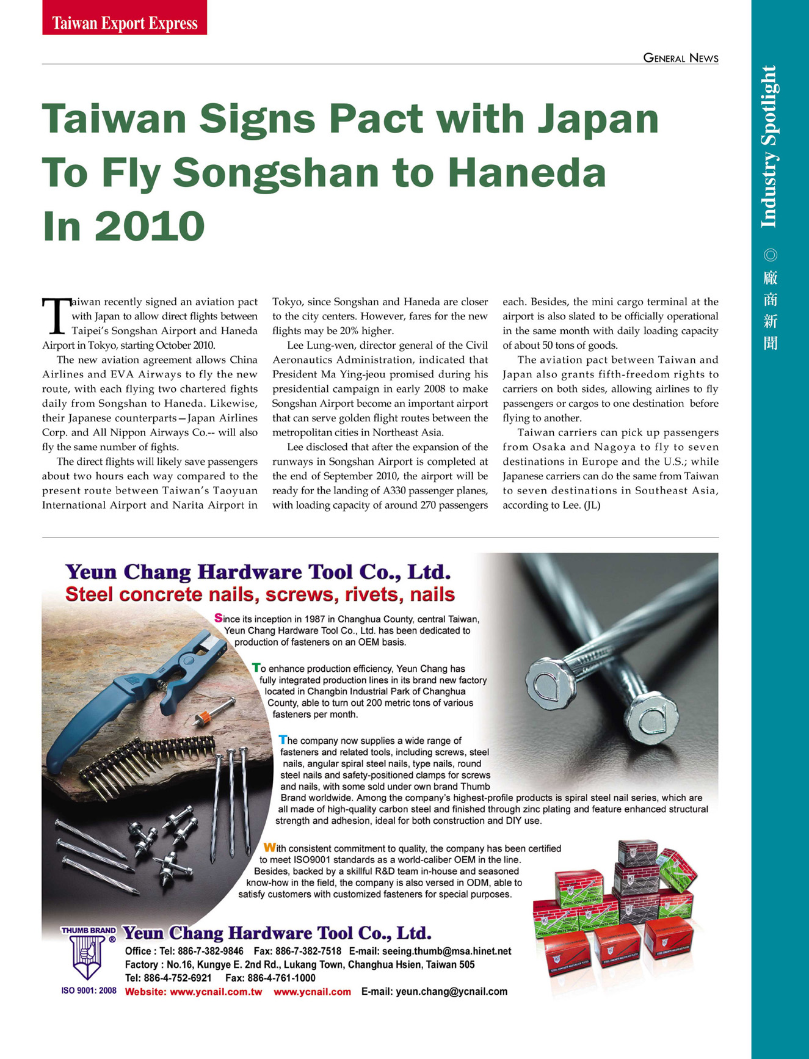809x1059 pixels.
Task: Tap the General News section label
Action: point(681,58)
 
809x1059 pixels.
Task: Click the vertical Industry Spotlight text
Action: point(769,147)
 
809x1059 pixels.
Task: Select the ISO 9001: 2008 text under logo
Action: point(89,991)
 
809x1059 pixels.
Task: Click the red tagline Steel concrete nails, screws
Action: point(259,594)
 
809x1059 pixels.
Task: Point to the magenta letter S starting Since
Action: point(219,618)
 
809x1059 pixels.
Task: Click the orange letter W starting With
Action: point(269,848)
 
